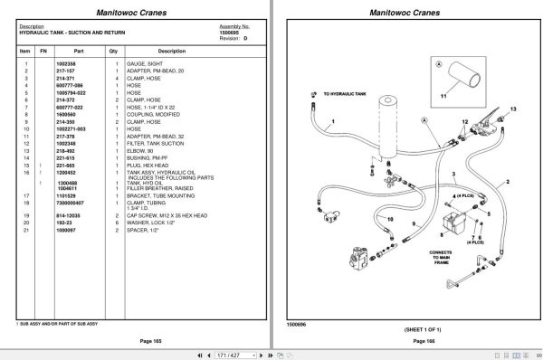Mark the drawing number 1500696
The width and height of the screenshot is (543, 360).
tap(298, 321)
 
